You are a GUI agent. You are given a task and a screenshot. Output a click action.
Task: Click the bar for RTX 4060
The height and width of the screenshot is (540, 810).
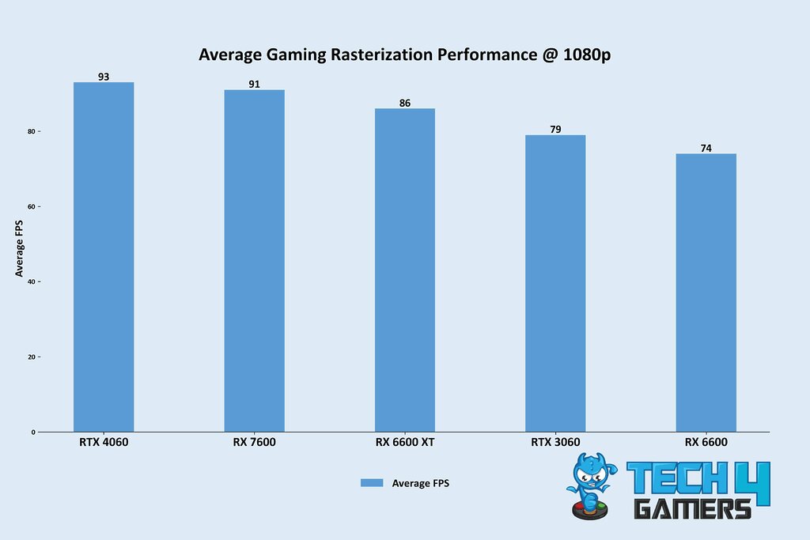point(104,257)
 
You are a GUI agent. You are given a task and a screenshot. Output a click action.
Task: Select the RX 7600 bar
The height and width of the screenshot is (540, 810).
point(254,261)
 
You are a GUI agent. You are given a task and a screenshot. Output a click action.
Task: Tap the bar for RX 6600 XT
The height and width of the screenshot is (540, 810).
point(405,270)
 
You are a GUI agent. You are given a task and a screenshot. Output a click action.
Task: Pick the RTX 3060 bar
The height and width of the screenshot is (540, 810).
point(555,283)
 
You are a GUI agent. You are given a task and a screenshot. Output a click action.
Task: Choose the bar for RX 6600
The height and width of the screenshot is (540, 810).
point(706,293)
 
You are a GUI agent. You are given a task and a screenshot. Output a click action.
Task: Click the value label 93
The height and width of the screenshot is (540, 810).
point(104,77)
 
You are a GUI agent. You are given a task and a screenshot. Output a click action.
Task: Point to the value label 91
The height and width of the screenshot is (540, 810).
point(254,84)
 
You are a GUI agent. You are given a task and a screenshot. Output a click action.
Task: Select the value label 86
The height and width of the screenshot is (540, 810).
point(405,103)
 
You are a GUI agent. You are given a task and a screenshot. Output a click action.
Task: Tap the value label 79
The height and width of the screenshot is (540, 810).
point(555,129)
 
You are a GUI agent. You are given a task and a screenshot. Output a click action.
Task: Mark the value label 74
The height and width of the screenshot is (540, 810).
point(706,148)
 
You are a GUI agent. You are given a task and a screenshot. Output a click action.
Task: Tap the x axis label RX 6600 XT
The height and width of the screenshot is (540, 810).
point(405,442)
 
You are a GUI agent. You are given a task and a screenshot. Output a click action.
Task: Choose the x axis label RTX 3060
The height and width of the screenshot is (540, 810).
point(555,442)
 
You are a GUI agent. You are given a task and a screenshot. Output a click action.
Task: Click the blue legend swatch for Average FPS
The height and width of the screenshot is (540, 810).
point(372,483)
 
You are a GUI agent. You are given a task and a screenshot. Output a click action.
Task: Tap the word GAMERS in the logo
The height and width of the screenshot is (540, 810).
point(693,508)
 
